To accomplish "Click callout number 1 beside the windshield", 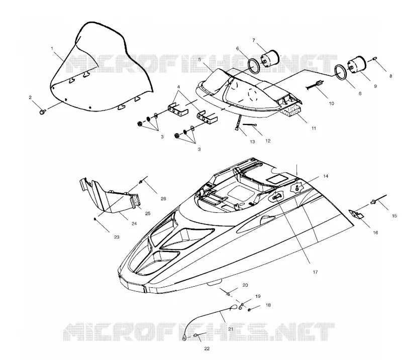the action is point(52,48).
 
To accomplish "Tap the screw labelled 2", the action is point(43,111).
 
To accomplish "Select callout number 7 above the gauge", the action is point(254,41).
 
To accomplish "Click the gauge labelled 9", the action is point(357,64).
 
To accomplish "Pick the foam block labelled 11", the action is point(292,110).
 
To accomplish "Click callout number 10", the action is point(331,103).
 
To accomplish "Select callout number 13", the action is point(252,142).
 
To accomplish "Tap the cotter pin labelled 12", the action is point(250,125).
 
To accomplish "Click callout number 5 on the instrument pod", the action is point(199,59).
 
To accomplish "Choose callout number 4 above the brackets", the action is point(178,87).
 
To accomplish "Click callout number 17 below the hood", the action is point(315,272).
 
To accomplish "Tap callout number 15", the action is point(394,216).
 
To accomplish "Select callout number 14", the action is point(325,176).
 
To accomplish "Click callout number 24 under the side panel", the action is point(134,223).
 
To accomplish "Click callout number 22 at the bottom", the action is point(207,348).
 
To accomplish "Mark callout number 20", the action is point(245,285).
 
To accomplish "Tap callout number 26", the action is point(163,198).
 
